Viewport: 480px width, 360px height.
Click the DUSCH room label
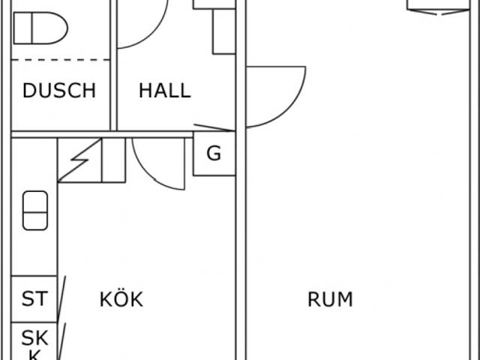[59, 91]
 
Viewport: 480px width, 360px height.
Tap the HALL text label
[165, 91]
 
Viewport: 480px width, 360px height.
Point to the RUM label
[330, 299]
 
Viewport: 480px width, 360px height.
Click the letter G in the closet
[214, 153]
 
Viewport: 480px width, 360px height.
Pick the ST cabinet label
[34, 298]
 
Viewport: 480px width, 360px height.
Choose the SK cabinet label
[34, 338]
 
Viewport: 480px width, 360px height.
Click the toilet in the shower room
[40, 28]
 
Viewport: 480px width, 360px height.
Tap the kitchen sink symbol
[35, 211]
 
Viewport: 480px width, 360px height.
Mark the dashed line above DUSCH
[60, 60]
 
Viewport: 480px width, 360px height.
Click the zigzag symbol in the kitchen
[79, 160]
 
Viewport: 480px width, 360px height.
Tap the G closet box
[214, 153]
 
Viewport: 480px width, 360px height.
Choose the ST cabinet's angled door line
[61, 298]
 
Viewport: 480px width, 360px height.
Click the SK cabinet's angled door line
[61, 341]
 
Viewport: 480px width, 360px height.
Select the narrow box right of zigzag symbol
[113, 160]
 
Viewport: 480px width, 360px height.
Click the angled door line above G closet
[214, 127]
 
